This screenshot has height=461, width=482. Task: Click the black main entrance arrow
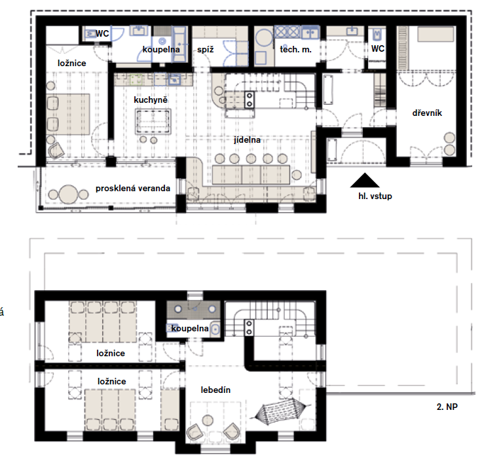pos(365,180)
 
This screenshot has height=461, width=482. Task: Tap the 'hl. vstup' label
pos(375,196)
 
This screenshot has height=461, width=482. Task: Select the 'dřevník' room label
pos(427,113)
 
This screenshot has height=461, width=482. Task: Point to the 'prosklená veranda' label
pos(133,188)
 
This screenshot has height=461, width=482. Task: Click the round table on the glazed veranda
pos(68,194)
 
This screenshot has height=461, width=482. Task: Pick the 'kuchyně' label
pos(151,100)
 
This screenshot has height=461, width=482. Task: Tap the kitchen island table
pos(153,120)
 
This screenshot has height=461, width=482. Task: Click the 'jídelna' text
pos(247,140)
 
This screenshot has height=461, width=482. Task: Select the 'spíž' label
pos(206,49)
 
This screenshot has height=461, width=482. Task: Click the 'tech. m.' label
pos(295,49)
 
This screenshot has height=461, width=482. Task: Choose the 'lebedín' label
pos(215,390)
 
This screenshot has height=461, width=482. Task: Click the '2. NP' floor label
pos(447,407)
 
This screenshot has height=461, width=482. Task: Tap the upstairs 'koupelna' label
pos(190,328)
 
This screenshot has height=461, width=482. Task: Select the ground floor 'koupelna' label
pos(161,49)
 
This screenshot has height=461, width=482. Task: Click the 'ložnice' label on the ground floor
pos(71,63)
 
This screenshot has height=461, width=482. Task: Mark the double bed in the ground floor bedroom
pos(68,114)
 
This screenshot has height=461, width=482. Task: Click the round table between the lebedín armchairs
pos(208,420)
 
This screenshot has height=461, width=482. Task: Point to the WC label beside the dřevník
pos(378,48)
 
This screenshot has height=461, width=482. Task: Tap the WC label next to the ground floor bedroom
pos(102,33)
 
